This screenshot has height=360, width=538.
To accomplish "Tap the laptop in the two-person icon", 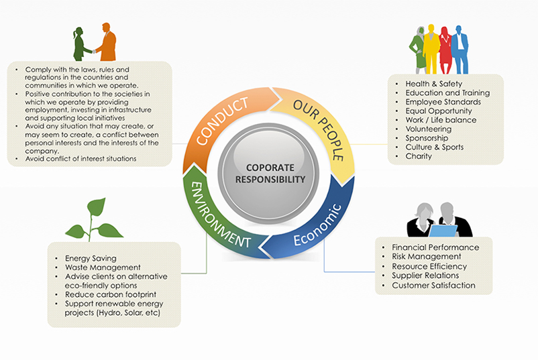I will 443,231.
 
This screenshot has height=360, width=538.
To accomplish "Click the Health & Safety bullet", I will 433,84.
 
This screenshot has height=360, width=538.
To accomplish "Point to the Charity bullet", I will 419,156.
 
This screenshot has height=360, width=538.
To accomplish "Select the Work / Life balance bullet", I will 441,120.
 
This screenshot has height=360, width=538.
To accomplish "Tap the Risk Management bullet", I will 426,256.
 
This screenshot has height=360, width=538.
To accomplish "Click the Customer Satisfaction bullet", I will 433,285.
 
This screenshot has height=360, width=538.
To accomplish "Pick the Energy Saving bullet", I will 91,258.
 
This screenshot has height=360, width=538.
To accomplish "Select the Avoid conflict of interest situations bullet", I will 80,158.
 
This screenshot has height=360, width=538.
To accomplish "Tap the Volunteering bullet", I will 429,129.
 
